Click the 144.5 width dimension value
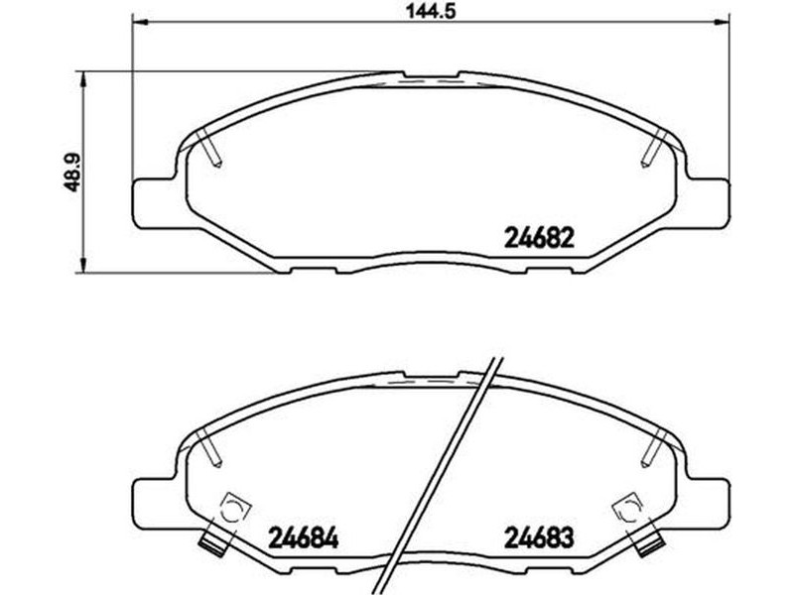click(x=431, y=11)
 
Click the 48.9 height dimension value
click(x=72, y=173)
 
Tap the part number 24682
click(x=539, y=237)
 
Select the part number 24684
click(x=304, y=537)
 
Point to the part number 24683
click(x=539, y=537)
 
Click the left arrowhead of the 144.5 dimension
click(x=139, y=22)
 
